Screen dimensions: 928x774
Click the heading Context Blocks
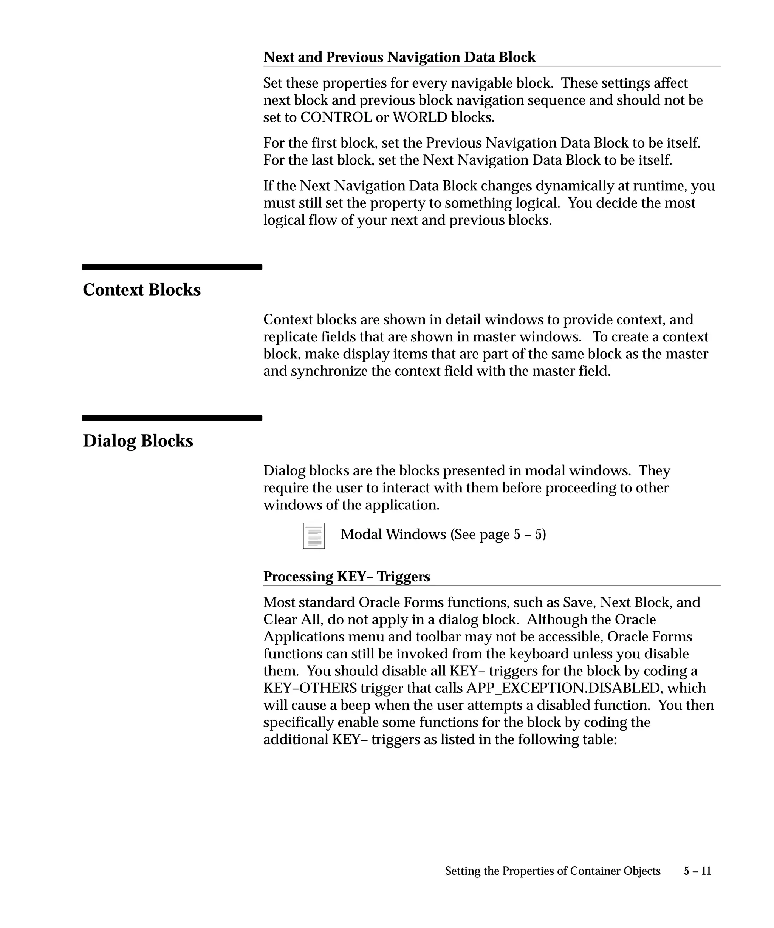(x=141, y=290)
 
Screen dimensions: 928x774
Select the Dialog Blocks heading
(x=138, y=441)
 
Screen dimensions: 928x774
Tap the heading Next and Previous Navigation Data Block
(x=399, y=57)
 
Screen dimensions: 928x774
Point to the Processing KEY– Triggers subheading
(x=346, y=577)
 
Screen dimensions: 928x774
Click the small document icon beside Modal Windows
(x=314, y=536)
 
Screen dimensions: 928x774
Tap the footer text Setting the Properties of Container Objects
(x=553, y=871)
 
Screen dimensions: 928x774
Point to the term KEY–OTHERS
(x=310, y=688)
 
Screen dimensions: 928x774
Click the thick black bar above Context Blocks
(x=172, y=267)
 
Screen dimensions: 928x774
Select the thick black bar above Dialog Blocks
(x=172, y=418)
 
